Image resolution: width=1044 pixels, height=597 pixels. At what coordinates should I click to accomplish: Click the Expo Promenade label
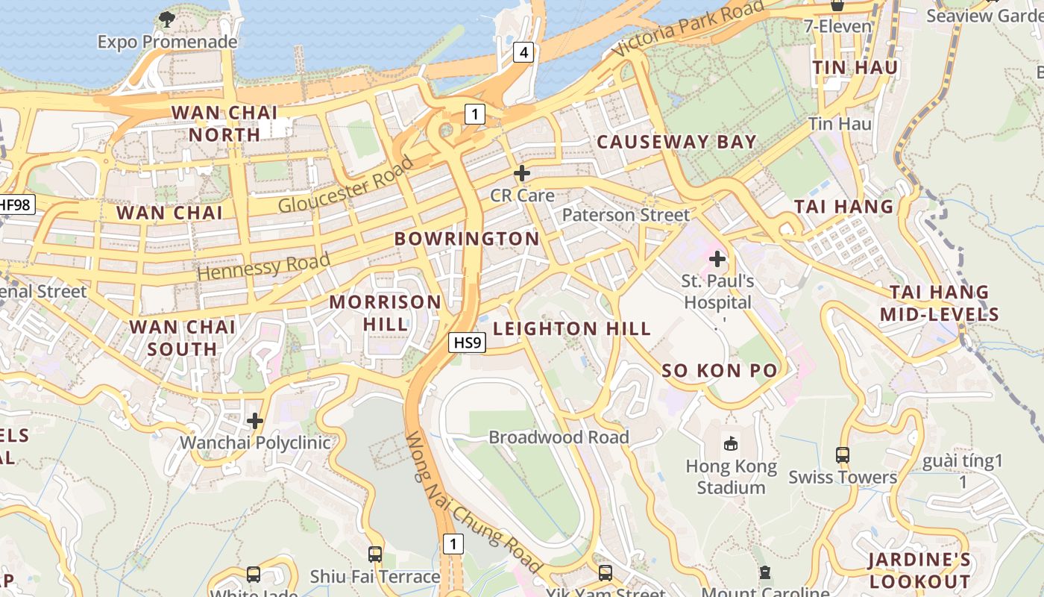(167, 42)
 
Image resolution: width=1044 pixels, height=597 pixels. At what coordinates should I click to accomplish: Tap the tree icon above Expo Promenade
(167, 19)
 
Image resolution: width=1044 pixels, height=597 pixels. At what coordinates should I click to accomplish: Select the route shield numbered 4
(523, 52)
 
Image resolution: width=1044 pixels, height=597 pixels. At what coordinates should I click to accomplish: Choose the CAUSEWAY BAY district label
(676, 142)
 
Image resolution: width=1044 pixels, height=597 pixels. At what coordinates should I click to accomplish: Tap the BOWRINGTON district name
(466, 239)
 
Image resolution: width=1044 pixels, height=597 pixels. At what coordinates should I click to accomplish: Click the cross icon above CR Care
(522, 173)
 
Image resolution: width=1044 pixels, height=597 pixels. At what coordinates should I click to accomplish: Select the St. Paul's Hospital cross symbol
(717, 259)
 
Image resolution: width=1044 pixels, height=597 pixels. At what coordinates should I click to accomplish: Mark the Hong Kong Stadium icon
(731, 443)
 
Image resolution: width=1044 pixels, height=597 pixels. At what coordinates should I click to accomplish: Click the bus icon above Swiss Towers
(843, 454)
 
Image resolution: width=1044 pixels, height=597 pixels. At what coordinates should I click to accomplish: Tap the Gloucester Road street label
(345, 185)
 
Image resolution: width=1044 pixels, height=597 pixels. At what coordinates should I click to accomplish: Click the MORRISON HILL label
(386, 313)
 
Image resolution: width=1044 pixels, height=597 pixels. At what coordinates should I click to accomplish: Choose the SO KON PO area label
(720, 371)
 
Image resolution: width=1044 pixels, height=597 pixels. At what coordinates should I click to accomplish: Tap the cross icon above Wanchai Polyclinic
(255, 421)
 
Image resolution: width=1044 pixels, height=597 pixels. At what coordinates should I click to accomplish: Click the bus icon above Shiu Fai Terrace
(375, 554)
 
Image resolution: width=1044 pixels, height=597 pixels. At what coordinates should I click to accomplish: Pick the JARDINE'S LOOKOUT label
(919, 571)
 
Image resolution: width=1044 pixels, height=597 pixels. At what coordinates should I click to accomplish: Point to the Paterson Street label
(626, 215)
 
